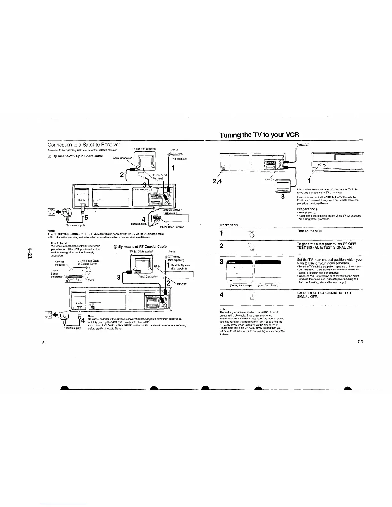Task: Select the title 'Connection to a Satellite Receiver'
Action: coord(84,145)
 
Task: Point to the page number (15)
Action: coord(360,342)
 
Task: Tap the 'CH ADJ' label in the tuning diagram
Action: coord(269,179)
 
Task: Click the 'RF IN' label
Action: coord(157,266)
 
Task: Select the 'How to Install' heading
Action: coord(60,243)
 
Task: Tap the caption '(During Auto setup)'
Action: coord(241,285)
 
